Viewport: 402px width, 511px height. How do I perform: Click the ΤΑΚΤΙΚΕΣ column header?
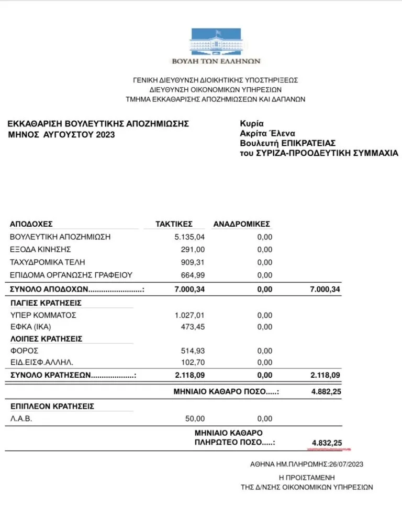(x=174, y=224)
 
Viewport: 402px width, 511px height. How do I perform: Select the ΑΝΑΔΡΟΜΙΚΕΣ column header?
(x=241, y=224)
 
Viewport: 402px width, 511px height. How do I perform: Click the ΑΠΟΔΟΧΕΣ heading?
(x=31, y=224)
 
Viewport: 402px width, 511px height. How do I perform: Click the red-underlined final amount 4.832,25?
(x=327, y=443)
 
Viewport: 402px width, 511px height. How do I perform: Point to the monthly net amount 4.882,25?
(x=326, y=392)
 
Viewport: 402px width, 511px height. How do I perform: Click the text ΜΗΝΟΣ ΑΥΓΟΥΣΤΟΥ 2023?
(x=61, y=134)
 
